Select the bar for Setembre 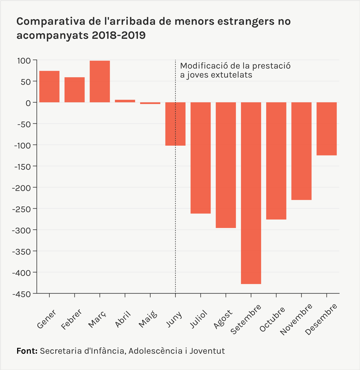click(x=251, y=193)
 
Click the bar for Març click(x=100, y=82)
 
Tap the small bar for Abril click(x=125, y=101)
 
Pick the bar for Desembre click(x=327, y=129)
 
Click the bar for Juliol click(x=200, y=158)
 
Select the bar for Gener click(x=49, y=87)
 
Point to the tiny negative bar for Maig click(x=150, y=103)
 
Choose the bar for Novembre click(x=301, y=151)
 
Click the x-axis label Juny click(x=174, y=320)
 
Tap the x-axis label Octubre click(x=272, y=319)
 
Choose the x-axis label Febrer click(x=72, y=319)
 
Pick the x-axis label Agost click(x=223, y=319)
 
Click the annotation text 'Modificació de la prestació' click(x=235, y=66)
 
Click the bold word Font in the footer click(x=27, y=351)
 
